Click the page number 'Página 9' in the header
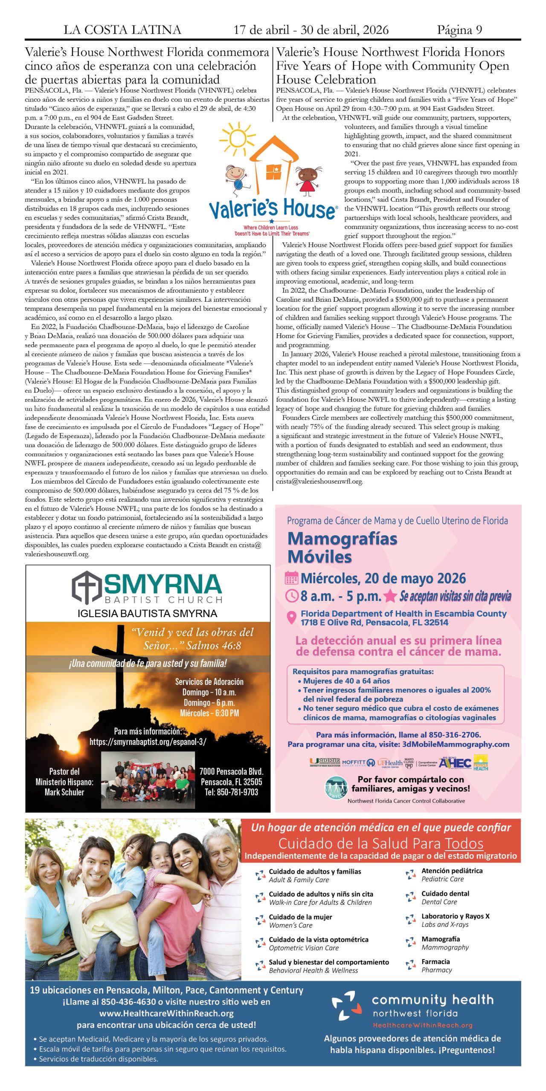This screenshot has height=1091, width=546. click(459, 30)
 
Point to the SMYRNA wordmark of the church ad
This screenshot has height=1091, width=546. click(163, 584)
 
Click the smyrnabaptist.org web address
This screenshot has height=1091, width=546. click(148, 742)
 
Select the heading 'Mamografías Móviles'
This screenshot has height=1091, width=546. click(342, 548)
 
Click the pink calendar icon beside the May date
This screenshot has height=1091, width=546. click(291, 578)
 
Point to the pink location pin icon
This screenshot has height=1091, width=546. click(291, 618)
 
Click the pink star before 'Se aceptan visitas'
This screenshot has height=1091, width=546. click(390, 596)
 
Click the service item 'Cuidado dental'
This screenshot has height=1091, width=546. click(445, 893)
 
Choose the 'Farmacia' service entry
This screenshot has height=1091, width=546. click(436, 961)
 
